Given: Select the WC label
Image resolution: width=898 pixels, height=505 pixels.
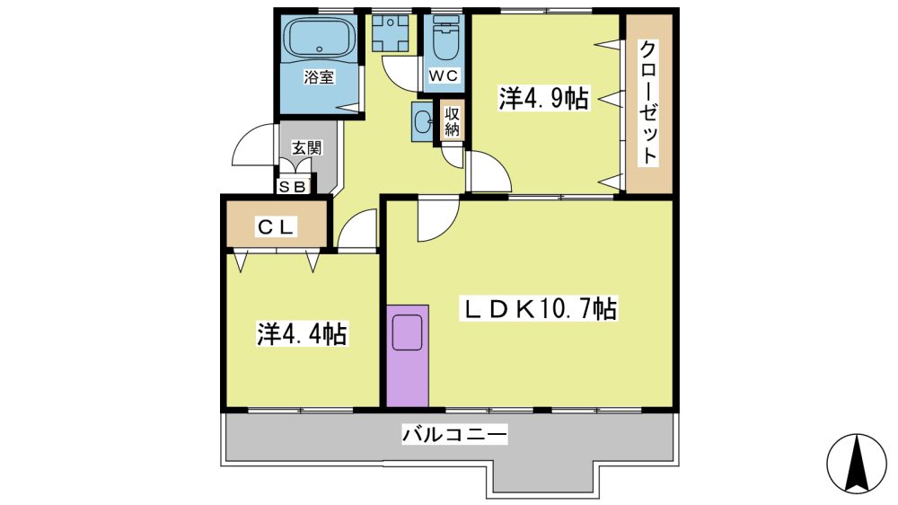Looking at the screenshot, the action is [x=444, y=75].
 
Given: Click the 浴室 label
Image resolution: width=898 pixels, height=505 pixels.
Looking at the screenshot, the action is [x=319, y=76].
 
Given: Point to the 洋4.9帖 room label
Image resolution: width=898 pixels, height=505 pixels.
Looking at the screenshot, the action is [x=543, y=99].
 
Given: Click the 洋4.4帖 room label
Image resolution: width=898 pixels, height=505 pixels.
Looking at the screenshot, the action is [x=302, y=333].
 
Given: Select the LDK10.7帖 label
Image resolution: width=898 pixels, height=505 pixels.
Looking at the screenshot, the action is [x=540, y=309].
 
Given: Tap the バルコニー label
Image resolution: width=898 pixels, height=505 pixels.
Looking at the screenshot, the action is [x=454, y=434].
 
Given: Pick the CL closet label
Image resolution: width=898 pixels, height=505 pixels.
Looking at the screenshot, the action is [x=276, y=227].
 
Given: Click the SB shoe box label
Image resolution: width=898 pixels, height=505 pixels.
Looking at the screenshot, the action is [x=293, y=186].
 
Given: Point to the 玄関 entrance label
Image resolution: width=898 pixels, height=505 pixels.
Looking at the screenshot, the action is [x=307, y=147].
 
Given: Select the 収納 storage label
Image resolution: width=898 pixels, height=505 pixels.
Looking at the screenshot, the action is [x=452, y=121].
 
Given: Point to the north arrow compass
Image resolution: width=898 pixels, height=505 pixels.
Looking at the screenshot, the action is [x=856, y=463].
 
